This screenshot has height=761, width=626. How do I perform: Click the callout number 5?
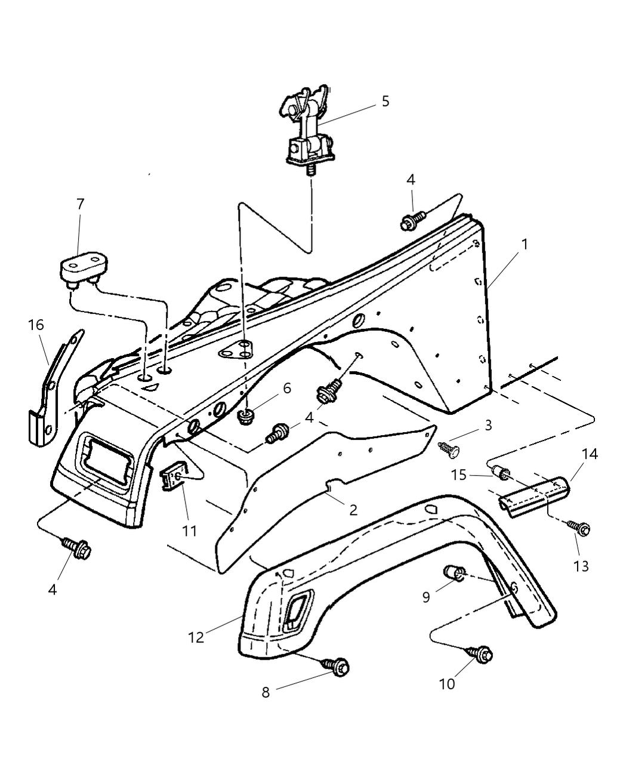click(x=385, y=101)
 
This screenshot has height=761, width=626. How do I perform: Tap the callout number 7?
click(x=80, y=204)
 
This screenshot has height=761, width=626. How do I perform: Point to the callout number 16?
click(x=36, y=325)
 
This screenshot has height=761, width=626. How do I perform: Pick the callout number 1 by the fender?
click(x=524, y=244)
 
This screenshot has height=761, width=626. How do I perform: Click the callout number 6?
click(x=287, y=389)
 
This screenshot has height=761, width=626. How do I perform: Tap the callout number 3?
click(x=488, y=426)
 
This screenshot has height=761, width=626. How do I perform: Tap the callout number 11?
click(x=189, y=529)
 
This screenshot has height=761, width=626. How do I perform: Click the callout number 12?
click(x=196, y=637)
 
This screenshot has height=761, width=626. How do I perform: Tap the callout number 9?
click(x=426, y=596)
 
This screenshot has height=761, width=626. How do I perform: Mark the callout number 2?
click(x=353, y=509)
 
